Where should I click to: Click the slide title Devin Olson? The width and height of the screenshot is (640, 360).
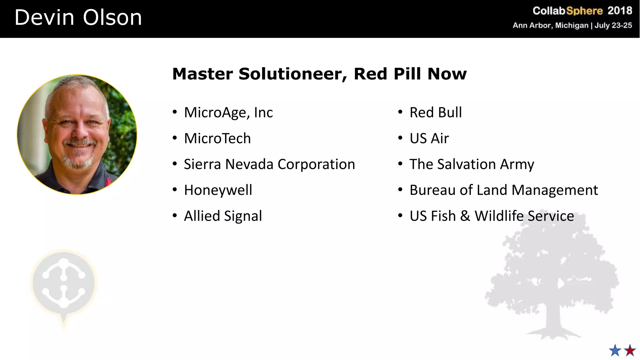[x=78, y=17]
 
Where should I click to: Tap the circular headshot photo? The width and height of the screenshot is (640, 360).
[x=77, y=134]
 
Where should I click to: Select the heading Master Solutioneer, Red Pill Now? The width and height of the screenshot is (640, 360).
[x=319, y=74]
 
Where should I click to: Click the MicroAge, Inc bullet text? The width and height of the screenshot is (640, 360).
[x=228, y=112]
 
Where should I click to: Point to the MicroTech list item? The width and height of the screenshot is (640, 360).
[x=217, y=138]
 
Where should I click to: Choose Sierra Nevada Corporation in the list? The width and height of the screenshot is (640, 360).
[x=269, y=164]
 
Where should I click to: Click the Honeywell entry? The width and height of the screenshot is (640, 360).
[x=218, y=190]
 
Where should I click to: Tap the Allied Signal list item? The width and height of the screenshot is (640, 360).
[x=223, y=216]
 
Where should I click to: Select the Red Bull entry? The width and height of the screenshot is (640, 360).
[x=436, y=112]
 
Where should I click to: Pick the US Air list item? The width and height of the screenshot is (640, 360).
[x=429, y=138]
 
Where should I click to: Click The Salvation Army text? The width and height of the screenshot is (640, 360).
[x=472, y=164]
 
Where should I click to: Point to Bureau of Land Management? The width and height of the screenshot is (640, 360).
[x=504, y=190]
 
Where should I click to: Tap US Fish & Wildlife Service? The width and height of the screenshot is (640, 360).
[x=492, y=216]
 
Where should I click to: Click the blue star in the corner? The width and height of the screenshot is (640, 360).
[x=615, y=351]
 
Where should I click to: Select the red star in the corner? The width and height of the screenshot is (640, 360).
[x=630, y=351]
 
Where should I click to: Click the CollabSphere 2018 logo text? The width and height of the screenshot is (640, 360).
[x=582, y=11]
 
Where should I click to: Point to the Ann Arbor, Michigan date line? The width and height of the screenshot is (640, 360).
[x=572, y=25]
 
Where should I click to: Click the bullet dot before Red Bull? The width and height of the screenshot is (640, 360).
[x=400, y=112]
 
